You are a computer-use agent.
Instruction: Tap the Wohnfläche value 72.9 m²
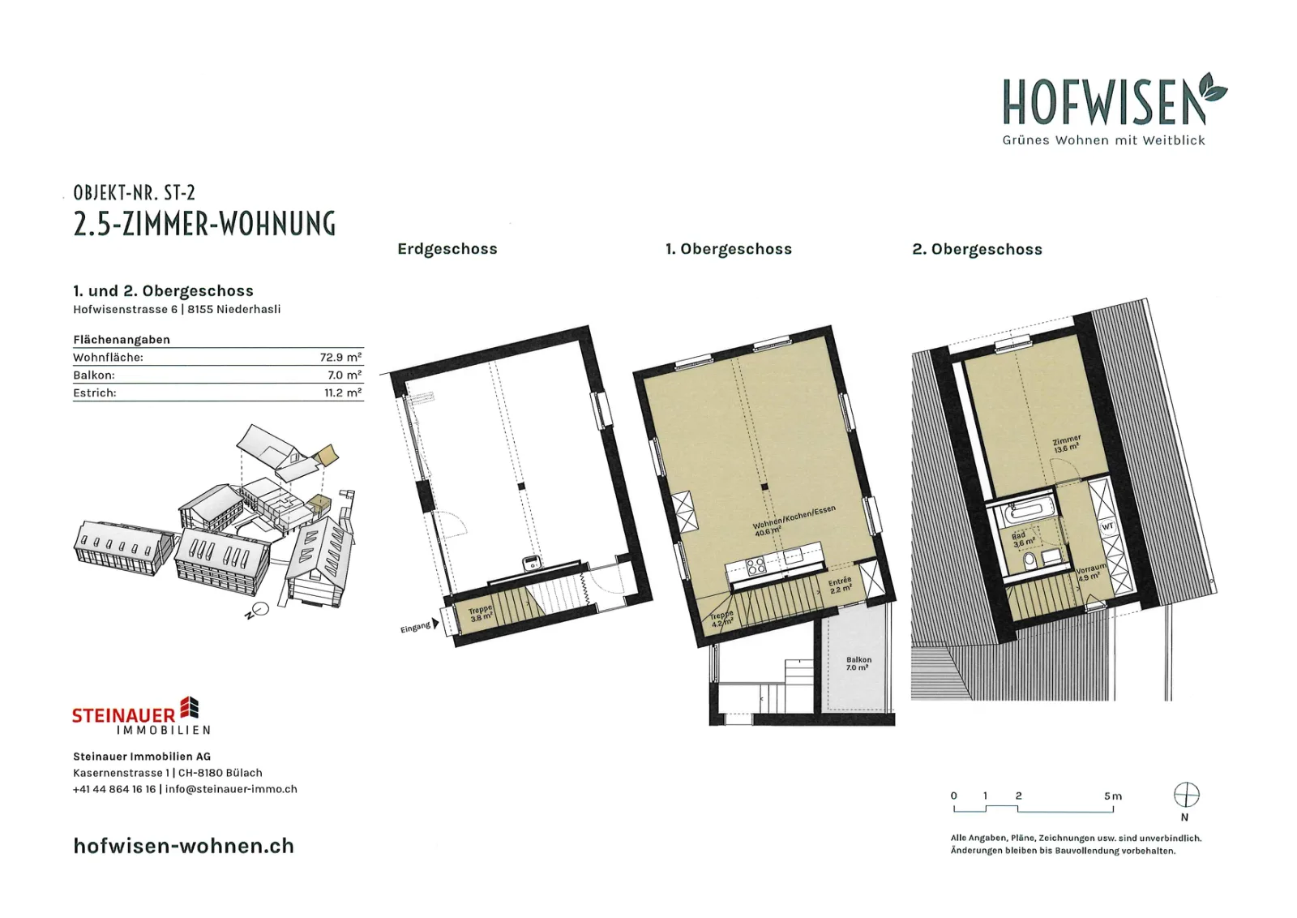(340, 357)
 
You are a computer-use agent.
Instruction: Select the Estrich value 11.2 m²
(343, 393)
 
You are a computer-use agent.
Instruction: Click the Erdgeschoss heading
(447, 249)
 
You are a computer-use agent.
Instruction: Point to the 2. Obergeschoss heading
(977, 249)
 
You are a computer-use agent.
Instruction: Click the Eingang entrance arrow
(435, 624)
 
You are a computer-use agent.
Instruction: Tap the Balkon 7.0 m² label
(858, 663)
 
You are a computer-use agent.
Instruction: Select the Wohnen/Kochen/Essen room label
(794, 521)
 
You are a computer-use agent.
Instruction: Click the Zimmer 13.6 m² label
(1067, 444)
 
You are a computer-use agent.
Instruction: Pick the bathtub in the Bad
(1027, 512)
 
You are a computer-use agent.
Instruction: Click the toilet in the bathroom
(1029, 560)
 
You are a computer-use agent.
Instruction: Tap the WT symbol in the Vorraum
(1107, 526)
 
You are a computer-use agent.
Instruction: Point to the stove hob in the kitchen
(755, 565)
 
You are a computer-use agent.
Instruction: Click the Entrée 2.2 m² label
(840, 585)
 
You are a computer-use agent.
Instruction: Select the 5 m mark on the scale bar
(1112, 796)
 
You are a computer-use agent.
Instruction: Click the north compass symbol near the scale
(1186, 795)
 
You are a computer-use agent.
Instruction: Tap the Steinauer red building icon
(190, 707)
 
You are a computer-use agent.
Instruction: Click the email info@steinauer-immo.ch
(231, 789)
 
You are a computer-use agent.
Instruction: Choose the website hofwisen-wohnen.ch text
(183, 846)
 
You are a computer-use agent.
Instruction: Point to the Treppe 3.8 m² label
(482, 614)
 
